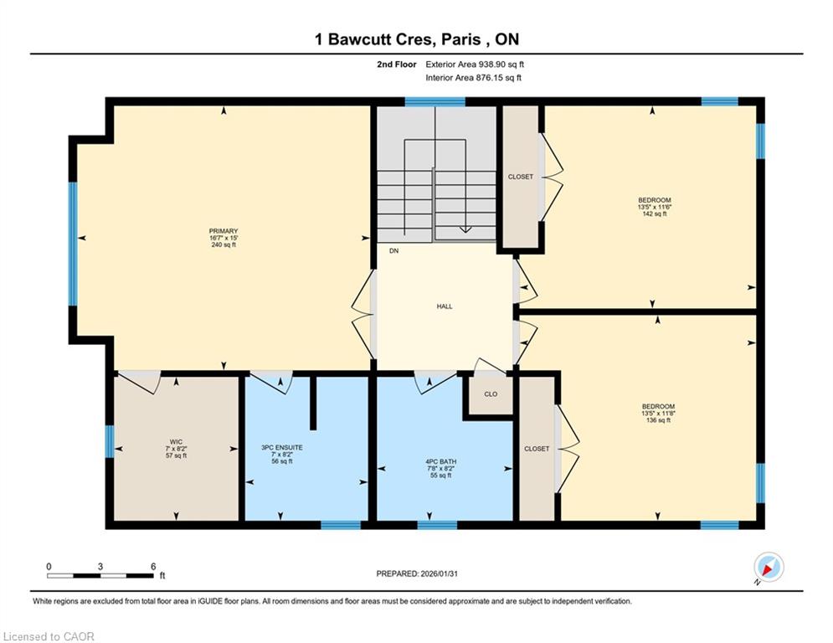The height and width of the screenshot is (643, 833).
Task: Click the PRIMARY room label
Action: pos(224,231)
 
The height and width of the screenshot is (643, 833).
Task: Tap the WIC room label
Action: pos(176,441)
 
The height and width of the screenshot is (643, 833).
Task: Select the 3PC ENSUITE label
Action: pos(281,447)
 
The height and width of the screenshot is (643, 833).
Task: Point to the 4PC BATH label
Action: pos(441,462)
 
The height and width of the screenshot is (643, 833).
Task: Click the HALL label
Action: pos(445,306)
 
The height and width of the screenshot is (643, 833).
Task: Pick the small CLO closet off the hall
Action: pos(491,394)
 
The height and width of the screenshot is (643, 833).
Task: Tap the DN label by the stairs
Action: pos(393,251)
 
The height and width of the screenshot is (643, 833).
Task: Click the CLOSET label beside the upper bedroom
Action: pos(520,177)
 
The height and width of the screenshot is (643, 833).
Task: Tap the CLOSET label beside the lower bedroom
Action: pos(537,449)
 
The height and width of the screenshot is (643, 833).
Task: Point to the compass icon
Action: pos(769,567)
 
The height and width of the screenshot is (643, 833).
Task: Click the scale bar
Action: pos(100,575)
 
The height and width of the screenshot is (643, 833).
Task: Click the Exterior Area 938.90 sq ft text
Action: pos(475,64)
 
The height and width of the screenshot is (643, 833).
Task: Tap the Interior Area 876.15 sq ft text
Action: pos(473,78)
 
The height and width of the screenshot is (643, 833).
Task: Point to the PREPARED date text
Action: pos(417,574)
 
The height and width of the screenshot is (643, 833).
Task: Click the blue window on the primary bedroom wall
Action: pos(73,244)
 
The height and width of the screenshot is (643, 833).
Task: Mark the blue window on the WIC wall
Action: pos(110,441)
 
